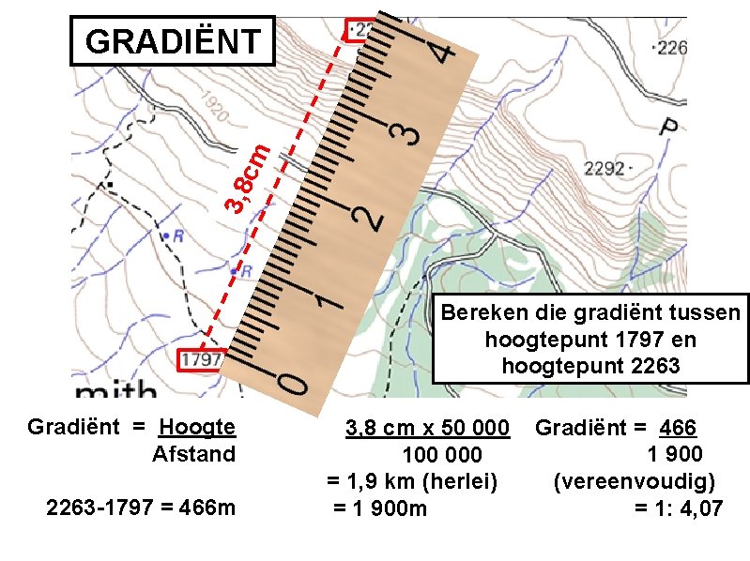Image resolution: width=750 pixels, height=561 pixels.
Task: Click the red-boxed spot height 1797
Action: click(x=200, y=359)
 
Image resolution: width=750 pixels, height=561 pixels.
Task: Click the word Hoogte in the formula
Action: click(x=197, y=429)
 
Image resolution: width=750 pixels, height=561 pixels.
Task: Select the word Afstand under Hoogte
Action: click(x=193, y=455)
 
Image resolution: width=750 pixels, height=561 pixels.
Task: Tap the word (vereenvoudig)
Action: click(x=635, y=482)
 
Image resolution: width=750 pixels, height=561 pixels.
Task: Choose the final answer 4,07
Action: click(x=699, y=509)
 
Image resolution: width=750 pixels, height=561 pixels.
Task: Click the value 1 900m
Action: click(x=380, y=508)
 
